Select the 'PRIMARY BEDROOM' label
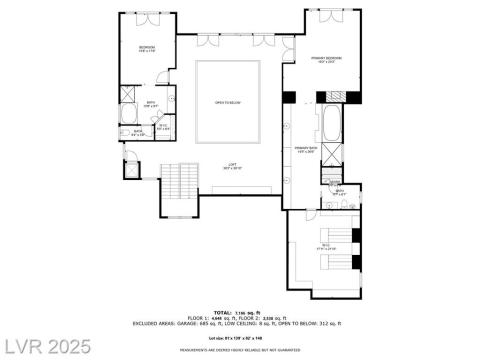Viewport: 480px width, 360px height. click(326, 60)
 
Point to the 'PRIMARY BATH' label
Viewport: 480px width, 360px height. click(305, 148)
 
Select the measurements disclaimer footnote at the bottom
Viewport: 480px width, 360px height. click(240, 351)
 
